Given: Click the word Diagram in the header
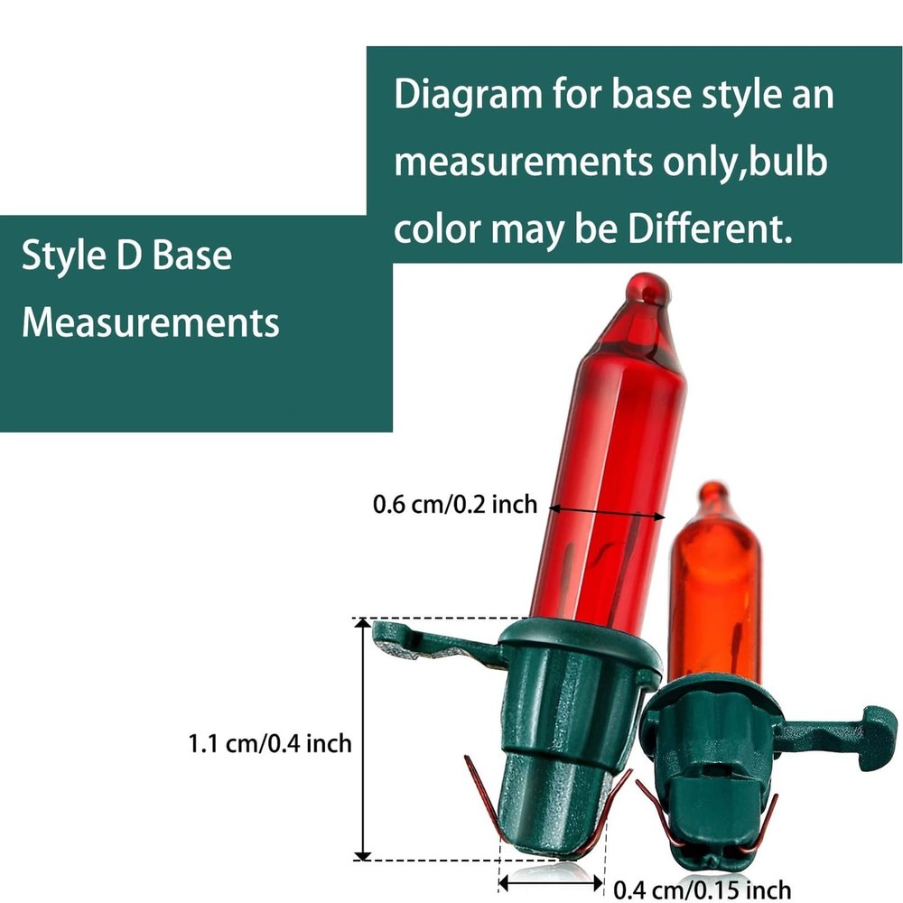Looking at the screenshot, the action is click(468, 96).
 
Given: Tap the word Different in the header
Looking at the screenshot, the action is click(710, 229).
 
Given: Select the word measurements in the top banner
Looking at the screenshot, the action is click(523, 163).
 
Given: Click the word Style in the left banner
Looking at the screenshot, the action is click(63, 256).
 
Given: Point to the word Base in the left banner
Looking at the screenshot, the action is click(191, 256).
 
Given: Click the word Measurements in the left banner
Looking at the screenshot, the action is click(150, 322).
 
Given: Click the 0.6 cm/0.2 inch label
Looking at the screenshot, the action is click(455, 505).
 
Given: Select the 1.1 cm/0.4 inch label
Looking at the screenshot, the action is click(270, 743).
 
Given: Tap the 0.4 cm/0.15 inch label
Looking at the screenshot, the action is click(702, 889).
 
